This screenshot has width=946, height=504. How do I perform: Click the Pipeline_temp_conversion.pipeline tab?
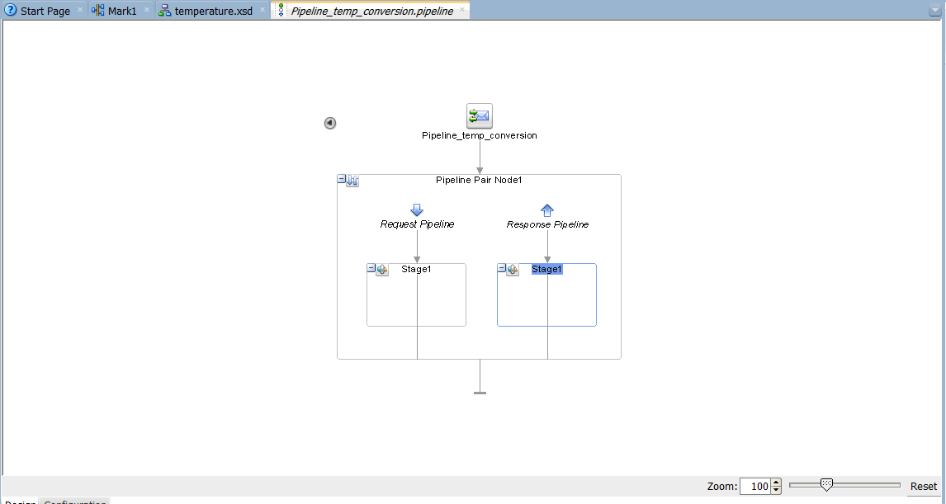click(371, 11)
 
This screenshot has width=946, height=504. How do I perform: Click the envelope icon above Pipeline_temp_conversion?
click(479, 116)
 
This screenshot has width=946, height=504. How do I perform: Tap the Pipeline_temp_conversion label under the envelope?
click(479, 135)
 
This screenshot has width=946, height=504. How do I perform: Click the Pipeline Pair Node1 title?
click(479, 180)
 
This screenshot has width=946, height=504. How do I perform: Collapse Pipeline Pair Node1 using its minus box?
click(342, 179)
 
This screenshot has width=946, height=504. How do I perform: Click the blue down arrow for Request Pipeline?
click(417, 210)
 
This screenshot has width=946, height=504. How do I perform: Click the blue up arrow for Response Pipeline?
click(547, 210)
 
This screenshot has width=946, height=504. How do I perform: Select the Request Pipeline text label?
click(417, 224)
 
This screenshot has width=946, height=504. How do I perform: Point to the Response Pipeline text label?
click(547, 224)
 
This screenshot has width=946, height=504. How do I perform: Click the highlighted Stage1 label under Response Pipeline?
click(546, 269)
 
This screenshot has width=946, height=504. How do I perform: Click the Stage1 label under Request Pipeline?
click(416, 269)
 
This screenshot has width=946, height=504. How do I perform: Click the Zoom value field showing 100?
click(754, 487)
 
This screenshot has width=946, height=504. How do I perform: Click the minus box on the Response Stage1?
click(502, 268)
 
